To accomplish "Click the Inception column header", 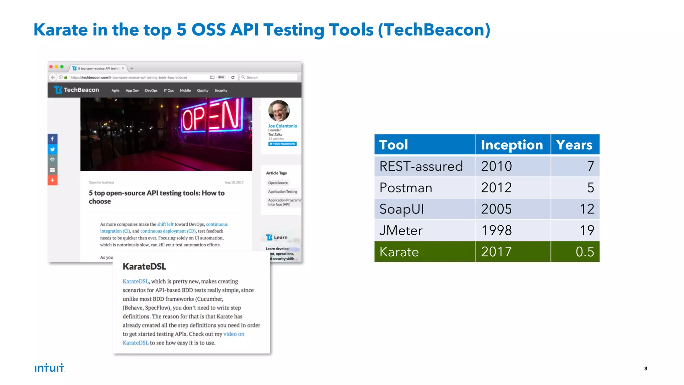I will pos(512,145).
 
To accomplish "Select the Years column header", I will pos(574,145).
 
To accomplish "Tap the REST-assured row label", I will pos(421,166).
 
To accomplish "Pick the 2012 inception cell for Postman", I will pos(496,187).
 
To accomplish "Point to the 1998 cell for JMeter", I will pos(496,230).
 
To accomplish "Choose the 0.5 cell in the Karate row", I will pos(584,252).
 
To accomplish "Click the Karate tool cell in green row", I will pos(399,252).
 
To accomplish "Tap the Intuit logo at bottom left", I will pos(49,368).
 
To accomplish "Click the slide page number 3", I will pos(646,369).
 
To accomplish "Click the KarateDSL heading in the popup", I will pos(144,266).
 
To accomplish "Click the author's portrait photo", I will pos(279,111).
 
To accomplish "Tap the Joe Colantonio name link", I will pos(283,126).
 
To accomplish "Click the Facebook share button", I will pos(52,139).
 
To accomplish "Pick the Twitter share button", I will pos(52,149).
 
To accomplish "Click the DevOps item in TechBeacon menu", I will pos(151,91).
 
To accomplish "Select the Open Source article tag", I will pos(278,183).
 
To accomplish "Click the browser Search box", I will pos(269,77).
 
